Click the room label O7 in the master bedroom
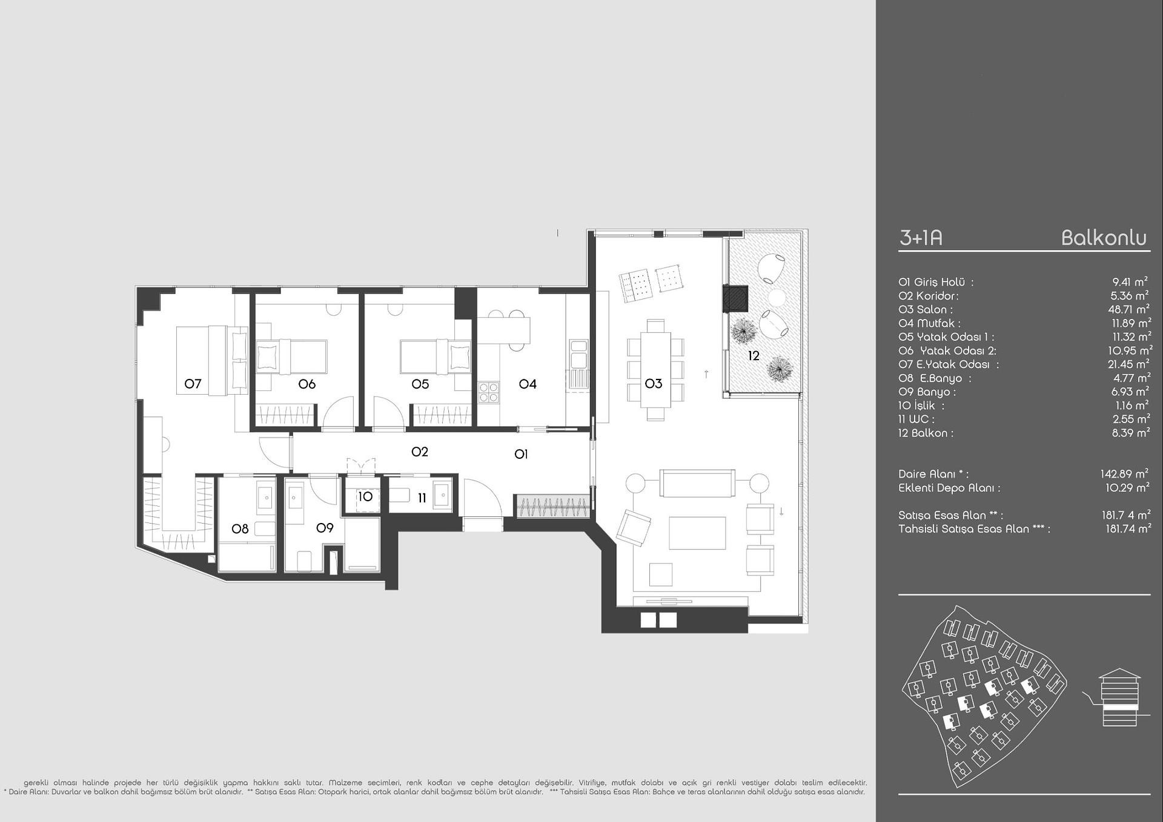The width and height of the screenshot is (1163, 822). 193,384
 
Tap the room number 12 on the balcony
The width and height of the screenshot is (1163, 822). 754,356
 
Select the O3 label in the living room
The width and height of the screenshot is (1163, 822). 654,384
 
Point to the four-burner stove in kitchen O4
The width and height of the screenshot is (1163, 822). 489,392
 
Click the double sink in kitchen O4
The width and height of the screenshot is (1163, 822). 577,355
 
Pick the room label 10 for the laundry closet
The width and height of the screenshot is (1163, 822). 365,497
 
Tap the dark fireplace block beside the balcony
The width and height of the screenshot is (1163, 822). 735,298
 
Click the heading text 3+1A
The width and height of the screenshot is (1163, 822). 921,238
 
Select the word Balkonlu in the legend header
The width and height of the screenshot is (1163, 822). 1104,238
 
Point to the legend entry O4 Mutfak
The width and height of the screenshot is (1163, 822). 929,323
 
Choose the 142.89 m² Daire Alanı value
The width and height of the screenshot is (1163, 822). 1124,474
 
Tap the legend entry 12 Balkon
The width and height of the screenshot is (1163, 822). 926,433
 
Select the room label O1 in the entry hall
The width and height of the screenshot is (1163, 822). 521,454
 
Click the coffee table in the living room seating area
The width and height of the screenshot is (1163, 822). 697,532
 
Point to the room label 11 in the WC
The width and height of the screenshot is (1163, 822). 422,498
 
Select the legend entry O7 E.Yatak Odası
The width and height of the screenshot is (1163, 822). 949,364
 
